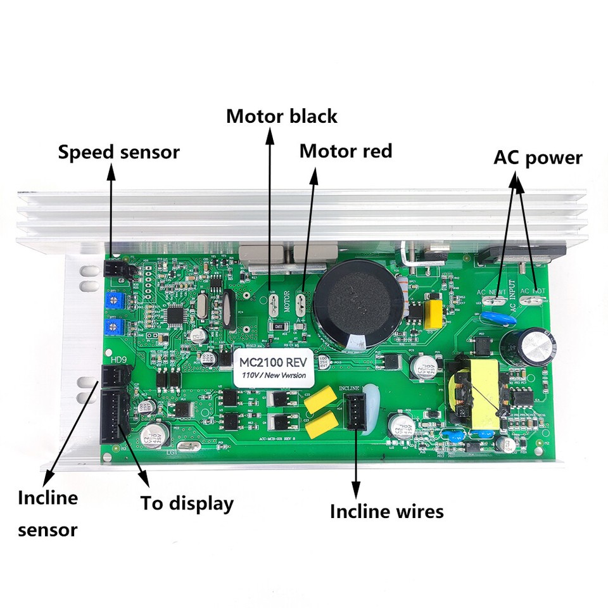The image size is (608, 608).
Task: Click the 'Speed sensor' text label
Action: point(118,152)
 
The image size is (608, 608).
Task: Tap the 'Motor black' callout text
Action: point(282,117)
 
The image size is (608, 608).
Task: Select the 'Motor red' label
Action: point(346,151)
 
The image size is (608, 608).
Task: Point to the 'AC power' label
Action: point(538,158)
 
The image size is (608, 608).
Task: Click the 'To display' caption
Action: point(187,504)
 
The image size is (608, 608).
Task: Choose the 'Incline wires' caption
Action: point(387,511)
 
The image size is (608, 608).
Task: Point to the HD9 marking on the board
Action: point(118,360)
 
